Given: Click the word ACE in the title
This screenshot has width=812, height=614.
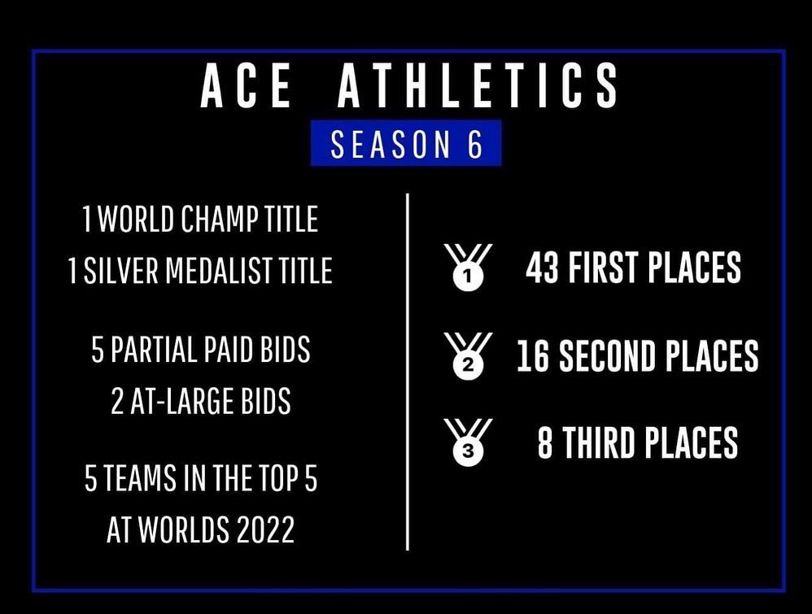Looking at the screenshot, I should [246, 87].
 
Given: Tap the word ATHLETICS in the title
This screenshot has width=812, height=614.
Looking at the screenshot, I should [478, 87].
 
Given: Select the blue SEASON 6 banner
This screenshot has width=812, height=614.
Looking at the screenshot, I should [406, 145].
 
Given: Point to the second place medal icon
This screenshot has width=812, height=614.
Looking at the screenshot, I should [468, 358].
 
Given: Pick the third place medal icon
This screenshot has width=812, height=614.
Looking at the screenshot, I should [468, 443].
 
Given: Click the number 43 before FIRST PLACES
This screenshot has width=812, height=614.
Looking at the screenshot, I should [542, 269].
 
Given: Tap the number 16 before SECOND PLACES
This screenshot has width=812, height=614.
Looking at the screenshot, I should [533, 357].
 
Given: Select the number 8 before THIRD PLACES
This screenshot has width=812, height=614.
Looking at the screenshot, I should [545, 443].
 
